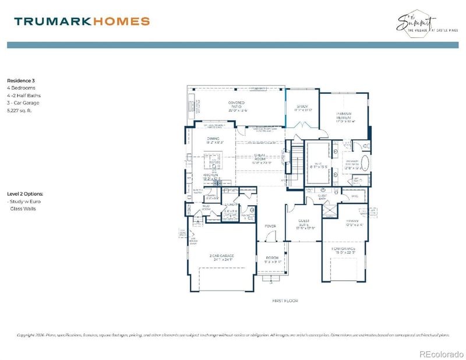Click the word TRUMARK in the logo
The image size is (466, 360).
(51, 22)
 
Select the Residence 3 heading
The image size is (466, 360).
(22, 80)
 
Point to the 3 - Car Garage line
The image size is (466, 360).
(23, 102)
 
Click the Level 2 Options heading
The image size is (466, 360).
(24, 193)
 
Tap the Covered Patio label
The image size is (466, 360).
(237, 105)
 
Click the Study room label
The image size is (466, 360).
(302, 107)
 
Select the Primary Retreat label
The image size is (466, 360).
(345, 117)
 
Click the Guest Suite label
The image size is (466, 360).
(303, 225)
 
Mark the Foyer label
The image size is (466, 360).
(270, 225)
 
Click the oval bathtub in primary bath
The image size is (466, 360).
(365, 163)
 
